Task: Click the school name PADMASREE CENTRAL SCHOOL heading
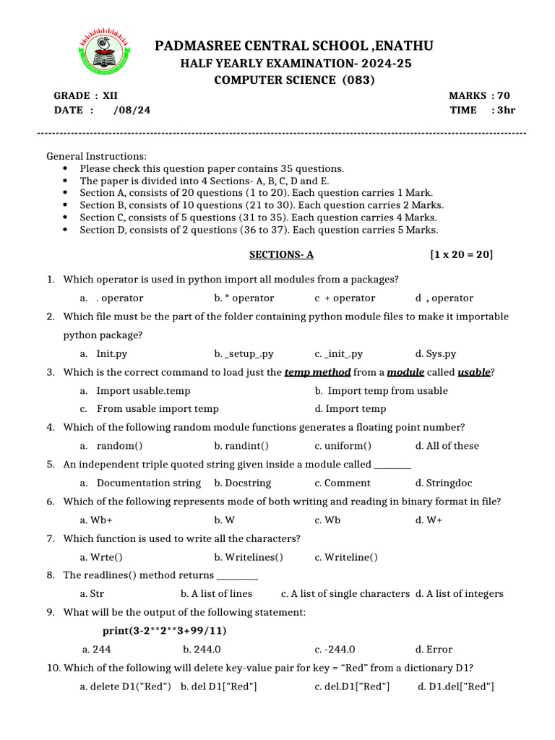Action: [x=294, y=46]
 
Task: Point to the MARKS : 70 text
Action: [x=479, y=95]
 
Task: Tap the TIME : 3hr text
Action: [x=482, y=110]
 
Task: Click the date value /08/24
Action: [x=132, y=110]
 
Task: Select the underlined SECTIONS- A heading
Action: [x=281, y=254]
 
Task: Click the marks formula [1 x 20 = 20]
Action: [x=461, y=254]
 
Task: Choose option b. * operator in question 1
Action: [x=244, y=298]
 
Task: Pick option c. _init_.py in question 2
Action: [x=338, y=354]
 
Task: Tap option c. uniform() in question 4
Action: [x=343, y=446]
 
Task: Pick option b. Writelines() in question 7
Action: [x=249, y=556]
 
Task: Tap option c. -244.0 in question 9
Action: [x=335, y=649]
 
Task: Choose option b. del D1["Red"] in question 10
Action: [x=219, y=686]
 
